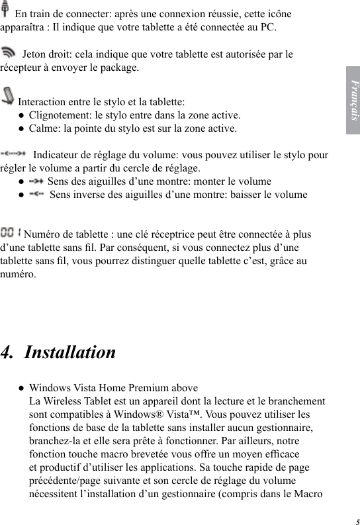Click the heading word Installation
click(69, 352)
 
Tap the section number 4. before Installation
click(9, 352)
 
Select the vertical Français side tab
click(353, 100)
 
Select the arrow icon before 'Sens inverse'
click(37, 194)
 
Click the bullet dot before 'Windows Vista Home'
click(22, 388)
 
